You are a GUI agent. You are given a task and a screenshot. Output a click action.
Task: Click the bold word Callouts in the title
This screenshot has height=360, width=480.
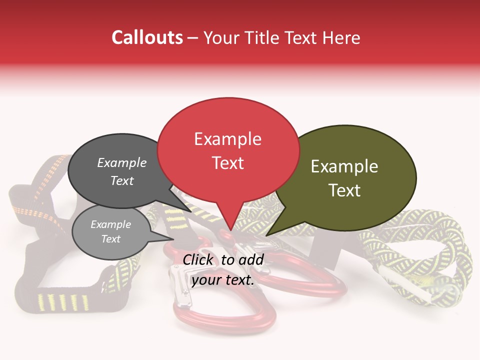pyautogui.click(x=147, y=37)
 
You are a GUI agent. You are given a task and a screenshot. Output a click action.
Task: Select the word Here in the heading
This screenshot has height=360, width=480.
pyautogui.click(x=340, y=37)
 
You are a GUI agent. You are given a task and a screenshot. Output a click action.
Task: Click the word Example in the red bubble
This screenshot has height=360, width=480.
pyautogui.click(x=227, y=139)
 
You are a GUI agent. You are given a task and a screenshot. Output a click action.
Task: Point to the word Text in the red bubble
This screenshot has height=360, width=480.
pyautogui.click(x=227, y=163)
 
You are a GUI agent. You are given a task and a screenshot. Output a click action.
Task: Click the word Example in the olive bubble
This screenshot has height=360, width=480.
pyautogui.click(x=344, y=166)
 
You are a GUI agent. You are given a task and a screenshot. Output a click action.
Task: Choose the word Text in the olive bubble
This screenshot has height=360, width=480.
pyautogui.click(x=344, y=190)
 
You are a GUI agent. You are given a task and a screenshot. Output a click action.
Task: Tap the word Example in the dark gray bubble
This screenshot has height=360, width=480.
pyautogui.click(x=122, y=162)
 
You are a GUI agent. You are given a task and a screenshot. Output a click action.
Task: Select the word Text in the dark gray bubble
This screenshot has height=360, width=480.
pyautogui.click(x=122, y=180)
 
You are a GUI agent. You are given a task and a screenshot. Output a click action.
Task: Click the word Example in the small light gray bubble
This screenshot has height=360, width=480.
pyautogui.click(x=110, y=224)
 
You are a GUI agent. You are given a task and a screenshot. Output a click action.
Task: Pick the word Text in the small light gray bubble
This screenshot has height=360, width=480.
pyautogui.click(x=110, y=239)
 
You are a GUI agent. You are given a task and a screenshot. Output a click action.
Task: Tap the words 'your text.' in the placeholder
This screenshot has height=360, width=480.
pyautogui.click(x=223, y=280)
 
